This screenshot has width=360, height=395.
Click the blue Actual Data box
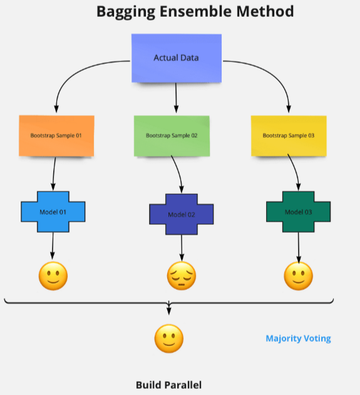[177, 58]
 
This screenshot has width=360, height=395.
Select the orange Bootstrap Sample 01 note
[56, 136]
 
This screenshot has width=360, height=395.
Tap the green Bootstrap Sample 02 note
[172, 136]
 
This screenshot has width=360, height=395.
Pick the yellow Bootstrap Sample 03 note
[289, 136]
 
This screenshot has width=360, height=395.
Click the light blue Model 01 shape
[53, 212]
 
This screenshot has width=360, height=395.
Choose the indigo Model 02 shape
[182, 214]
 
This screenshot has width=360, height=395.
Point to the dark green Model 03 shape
[298, 212]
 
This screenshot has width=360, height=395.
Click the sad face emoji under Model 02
[182, 275]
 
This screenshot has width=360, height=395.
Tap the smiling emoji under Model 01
[53, 276]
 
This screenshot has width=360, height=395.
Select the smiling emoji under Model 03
[298, 276]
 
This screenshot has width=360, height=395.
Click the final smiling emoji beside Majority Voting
[169, 338]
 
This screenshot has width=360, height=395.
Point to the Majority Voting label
[298, 339]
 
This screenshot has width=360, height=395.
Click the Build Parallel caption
[169, 385]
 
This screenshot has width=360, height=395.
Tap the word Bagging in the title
[126, 12]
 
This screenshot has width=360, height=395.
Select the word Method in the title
[265, 11]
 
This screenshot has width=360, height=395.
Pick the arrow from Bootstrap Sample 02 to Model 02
[178, 174]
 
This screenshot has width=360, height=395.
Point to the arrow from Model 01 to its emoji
[53, 246]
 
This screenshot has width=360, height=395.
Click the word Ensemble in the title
[195, 11]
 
